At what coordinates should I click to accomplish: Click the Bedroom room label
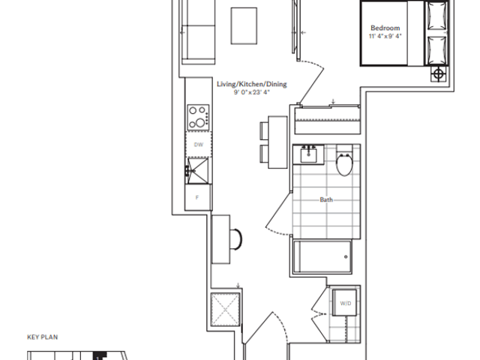385,28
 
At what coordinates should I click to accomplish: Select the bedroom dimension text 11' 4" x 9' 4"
385,36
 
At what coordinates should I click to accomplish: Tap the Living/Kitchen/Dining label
252,84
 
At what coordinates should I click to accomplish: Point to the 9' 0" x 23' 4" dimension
252,92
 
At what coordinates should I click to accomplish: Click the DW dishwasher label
199,145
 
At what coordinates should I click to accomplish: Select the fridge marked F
198,197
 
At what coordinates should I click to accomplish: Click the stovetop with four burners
199,118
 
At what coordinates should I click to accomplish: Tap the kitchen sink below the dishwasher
198,171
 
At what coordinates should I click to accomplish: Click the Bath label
326,199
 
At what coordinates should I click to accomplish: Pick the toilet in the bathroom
345,161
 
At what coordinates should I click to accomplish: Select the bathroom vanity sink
308,155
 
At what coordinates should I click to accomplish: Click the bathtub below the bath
322,256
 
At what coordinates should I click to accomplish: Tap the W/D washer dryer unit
345,302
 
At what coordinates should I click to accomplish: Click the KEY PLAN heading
43,337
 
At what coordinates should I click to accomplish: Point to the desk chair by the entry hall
235,239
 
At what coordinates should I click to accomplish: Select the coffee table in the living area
244,26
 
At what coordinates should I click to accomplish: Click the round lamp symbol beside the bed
439,73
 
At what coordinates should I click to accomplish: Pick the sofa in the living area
198,32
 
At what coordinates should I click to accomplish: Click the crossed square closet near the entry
225,309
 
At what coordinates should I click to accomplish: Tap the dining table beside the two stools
277,142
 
